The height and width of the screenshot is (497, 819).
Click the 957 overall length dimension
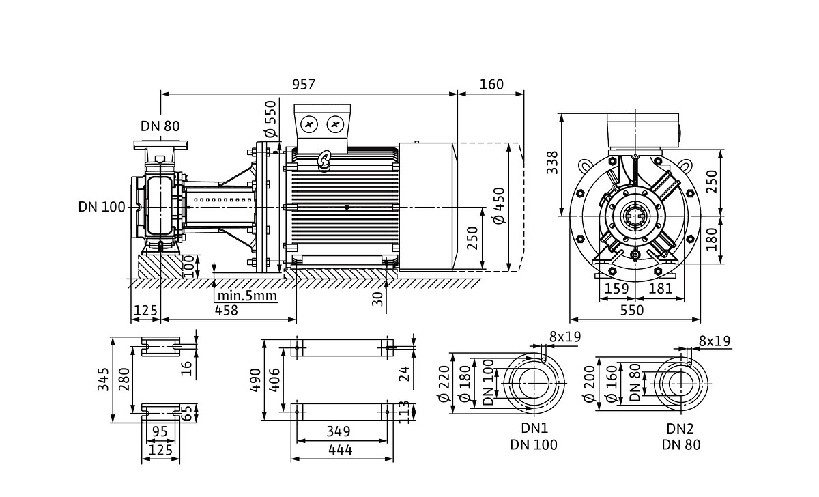pyautogui.click(x=304, y=84)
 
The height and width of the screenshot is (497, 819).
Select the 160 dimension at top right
pyautogui.click(x=491, y=84)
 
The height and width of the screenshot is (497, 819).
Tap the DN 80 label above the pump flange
pyautogui.click(x=160, y=126)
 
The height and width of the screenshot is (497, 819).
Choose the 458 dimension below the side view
pyautogui.click(x=226, y=311)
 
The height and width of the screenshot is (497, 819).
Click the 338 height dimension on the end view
pyautogui.click(x=553, y=162)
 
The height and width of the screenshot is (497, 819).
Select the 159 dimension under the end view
pyautogui.click(x=617, y=289)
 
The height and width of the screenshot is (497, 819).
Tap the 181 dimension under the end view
pyautogui.click(x=660, y=289)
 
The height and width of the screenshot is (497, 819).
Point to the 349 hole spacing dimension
pyautogui.click(x=338, y=431)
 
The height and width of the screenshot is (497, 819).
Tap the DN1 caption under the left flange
pyautogui.click(x=534, y=429)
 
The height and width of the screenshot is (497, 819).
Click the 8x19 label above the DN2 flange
pyautogui.click(x=714, y=341)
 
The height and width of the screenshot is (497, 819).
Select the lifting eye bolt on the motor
pyautogui.click(x=324, y=160)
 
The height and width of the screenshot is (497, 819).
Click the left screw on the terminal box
pyautogui.click(x=310, y=124)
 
